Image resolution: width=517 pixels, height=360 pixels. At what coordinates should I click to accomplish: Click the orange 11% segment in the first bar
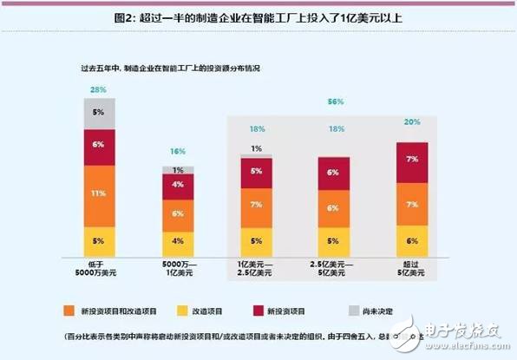coord(100,193)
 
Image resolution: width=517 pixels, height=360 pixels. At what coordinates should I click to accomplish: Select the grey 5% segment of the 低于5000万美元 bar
coord(100,112)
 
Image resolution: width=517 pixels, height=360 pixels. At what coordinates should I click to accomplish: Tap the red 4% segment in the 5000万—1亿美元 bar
coord(178,185)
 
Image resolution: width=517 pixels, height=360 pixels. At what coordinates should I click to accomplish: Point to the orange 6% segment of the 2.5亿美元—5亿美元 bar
coord(333,208)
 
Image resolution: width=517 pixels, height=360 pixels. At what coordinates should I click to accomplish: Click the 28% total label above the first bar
coord(98,89)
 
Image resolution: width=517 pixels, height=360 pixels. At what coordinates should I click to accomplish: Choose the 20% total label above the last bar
coord(412,122)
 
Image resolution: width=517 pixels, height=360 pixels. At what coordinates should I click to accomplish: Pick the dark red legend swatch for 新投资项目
coord(291,308)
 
